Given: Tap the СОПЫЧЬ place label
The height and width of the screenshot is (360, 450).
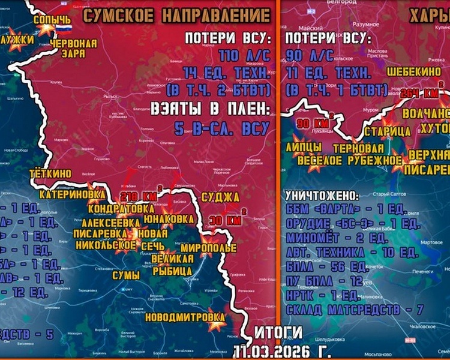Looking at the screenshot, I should pyautogui.click(x=52, y=20).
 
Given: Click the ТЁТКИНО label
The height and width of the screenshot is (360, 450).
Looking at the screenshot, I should pyautogui.click(x=50, y=174).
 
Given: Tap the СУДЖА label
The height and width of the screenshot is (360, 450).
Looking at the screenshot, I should pyautogui.click(x=220, y=197).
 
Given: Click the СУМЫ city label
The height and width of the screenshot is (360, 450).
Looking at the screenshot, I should pyautogui.click(x=126, y=275).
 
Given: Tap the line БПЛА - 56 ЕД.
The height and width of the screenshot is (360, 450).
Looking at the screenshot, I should pyautogui.click(x=323, y=266).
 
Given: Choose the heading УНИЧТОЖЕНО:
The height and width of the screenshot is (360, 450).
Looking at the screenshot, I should pyautogui.click(x=323, y=196).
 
